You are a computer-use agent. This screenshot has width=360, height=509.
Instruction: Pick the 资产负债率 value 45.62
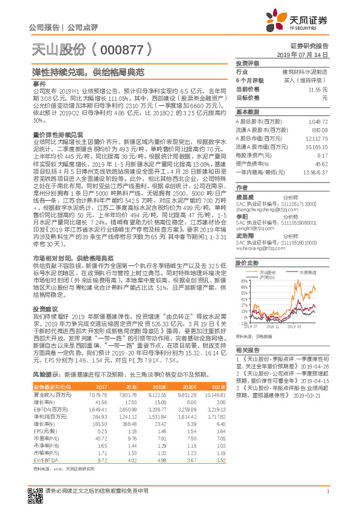tap(321, 163)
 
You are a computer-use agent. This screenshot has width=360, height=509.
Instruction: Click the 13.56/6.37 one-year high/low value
tap(318, 172)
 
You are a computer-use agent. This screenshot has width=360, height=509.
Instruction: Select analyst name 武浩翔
tap(244, 236)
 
